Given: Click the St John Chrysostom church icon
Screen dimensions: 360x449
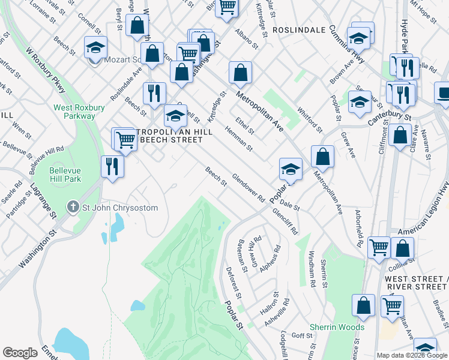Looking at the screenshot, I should (x=73, y=208).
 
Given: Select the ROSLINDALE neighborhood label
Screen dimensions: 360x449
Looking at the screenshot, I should (x=298, y=29).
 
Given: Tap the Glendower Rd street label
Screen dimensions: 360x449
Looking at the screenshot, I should (x=248, y=187).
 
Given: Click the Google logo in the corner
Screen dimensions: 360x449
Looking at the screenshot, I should (x=20, y=353).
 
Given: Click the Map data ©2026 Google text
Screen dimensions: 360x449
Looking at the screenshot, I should (x=412, y=355).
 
